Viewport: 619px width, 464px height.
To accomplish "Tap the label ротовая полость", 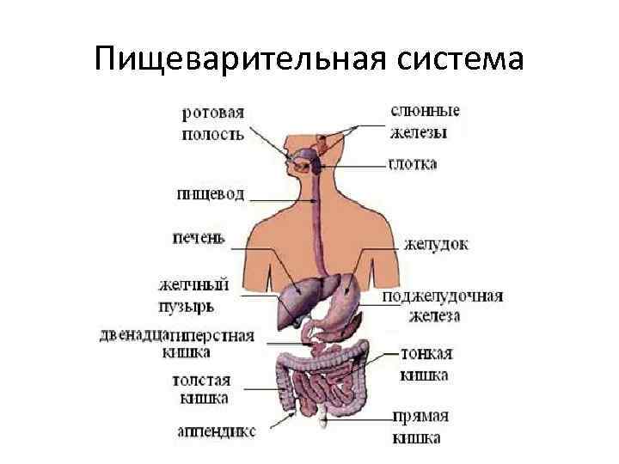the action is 212,123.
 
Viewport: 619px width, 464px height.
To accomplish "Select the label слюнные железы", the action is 424,121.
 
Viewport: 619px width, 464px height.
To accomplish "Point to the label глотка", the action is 412,163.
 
